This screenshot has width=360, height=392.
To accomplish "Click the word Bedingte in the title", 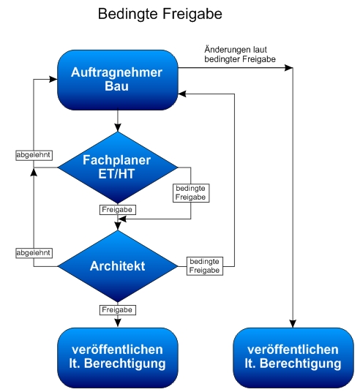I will coord(124,15).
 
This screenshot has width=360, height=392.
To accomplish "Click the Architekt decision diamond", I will coord(117,266).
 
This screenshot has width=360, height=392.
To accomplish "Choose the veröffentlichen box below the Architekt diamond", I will coord(117,356).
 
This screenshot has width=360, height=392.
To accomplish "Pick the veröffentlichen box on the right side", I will coord(293,356).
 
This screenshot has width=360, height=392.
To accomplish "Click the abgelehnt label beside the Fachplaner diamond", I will coord(34,155).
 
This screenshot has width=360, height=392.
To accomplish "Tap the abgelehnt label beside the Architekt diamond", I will coord(34,253).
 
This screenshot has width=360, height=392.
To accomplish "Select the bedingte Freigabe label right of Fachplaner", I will coord(191,192).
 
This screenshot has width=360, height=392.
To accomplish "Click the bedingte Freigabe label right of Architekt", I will coord(204,266).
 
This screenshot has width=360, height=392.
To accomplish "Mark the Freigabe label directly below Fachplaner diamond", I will coord(117,210).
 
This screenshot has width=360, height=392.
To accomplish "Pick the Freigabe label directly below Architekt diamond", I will coord(117,310).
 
